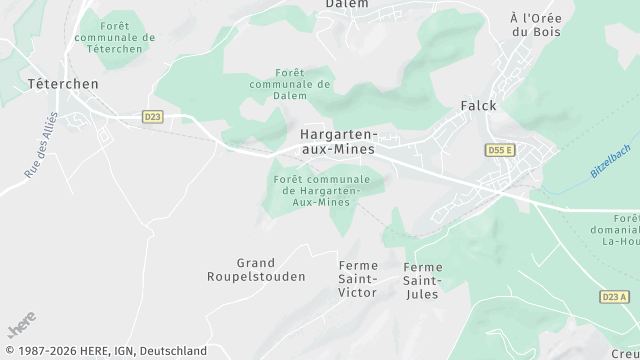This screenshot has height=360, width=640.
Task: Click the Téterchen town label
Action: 63,84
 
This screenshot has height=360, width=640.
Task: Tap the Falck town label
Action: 478,105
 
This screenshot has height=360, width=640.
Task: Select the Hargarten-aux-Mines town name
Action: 338,141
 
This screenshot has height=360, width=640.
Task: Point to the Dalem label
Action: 346,4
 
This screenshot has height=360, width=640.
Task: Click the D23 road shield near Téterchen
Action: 152,117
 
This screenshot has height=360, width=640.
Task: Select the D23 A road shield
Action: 615,297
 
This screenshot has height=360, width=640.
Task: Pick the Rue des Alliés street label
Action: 43,146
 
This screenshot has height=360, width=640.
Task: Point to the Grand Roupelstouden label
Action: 256,269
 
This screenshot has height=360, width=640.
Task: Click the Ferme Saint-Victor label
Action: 358,278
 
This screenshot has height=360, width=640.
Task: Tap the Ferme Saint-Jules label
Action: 422,280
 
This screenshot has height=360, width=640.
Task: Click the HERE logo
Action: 21,327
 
